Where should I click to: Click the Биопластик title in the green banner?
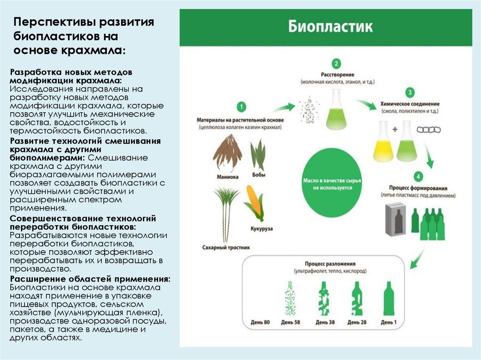coord(330,27)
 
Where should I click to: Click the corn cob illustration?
coord(254,204)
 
